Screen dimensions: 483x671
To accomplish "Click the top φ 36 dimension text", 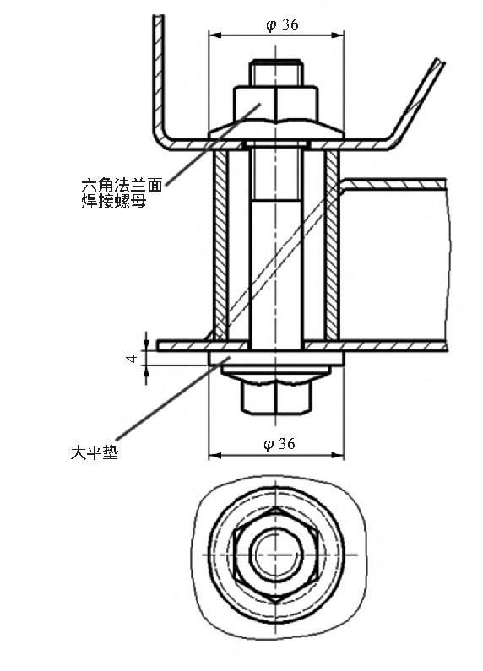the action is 282,25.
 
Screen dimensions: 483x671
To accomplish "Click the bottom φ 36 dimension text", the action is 280,444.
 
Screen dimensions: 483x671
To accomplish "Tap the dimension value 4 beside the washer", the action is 133,358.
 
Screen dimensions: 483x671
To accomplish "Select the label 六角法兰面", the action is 122,186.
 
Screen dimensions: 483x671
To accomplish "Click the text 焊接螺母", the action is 114,201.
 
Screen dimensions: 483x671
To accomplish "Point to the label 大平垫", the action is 95,452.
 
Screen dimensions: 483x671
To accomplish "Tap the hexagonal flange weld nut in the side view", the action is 276,112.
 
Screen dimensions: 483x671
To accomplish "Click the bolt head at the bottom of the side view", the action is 276,393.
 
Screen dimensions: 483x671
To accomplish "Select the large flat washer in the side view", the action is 276,359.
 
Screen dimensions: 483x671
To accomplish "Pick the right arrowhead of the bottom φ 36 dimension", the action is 339,455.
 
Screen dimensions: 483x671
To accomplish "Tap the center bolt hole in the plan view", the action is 276,555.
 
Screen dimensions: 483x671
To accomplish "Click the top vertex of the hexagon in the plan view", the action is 276,507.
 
